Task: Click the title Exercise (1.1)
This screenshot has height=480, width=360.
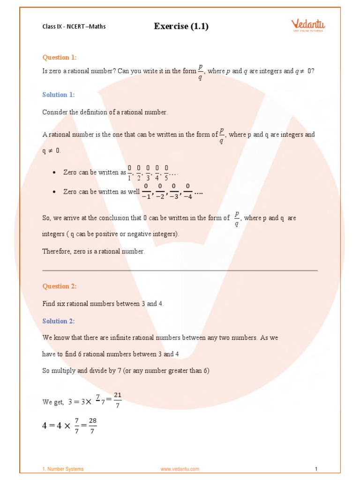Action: click(181, 26)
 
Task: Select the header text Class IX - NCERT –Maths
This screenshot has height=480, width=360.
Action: click(74, 27)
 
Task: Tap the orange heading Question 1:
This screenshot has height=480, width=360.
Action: click(59, 58)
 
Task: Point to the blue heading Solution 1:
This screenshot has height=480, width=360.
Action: click(58, 95)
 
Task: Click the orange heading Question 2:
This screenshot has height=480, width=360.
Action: click(59, 286)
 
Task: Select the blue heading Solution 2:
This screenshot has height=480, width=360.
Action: click(58, 321)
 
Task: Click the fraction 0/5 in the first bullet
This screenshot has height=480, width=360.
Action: click(166, 172)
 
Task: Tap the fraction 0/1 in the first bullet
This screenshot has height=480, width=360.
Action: click(129, 172)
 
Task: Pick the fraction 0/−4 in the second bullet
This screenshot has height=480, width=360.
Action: click(187, 192)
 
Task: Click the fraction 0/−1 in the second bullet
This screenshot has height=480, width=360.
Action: click(146, 192)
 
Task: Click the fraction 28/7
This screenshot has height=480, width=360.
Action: click(92, 426)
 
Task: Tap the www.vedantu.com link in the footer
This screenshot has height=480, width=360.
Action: click(180, 469)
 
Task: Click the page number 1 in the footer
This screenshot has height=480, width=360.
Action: click(316, 469)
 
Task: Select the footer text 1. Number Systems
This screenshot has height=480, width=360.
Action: click(63, 469)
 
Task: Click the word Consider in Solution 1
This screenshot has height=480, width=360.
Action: click(54, 112)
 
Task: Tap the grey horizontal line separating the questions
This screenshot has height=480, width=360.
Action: click(180, 270)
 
